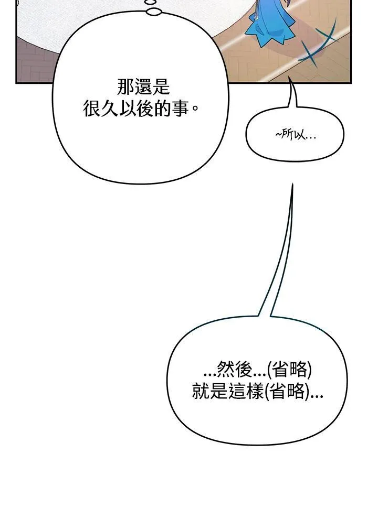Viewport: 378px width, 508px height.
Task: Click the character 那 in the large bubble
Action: (x=125, y=87)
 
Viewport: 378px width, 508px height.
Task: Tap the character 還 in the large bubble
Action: (x=143, y=87)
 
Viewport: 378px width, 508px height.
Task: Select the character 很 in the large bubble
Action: (x=92, y=108)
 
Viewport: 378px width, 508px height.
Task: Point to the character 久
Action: (x=110, y=108)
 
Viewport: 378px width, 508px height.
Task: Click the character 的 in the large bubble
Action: (x=163, y=108)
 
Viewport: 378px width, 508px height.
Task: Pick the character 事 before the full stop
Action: (x=181, y=108)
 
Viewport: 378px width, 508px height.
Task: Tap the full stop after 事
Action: (x=195, y=112)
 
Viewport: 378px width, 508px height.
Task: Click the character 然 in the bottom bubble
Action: (x=226, y=370)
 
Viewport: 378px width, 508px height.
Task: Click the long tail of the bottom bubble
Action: (x=281, y=253)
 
